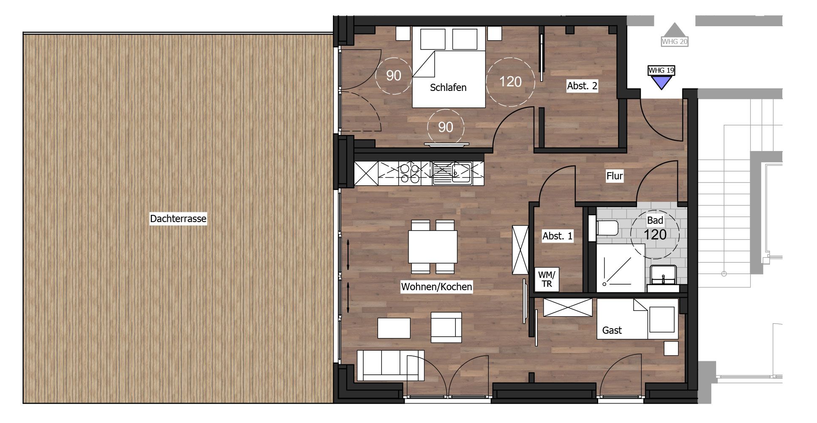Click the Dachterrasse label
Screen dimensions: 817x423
[178, 219]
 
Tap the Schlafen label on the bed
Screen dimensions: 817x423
[448, 88]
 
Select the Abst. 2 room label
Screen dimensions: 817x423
[582, 86]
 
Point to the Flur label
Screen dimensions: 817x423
[615, 176]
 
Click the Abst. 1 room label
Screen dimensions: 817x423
[558, 236]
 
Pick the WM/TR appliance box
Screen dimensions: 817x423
[547, 280]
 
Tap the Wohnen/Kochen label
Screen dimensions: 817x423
[436, 287]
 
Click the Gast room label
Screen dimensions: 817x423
[612, 330]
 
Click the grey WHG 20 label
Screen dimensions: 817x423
[675, 41]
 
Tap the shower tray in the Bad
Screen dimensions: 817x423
[621, 268]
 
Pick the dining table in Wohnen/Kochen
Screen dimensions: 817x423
[433, 246]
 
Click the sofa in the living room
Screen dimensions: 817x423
[390, 365]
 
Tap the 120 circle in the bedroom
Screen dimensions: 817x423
[510, 81]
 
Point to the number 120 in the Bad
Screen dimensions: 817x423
[655, 234]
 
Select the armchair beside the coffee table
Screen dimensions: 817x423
[446, 327]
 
